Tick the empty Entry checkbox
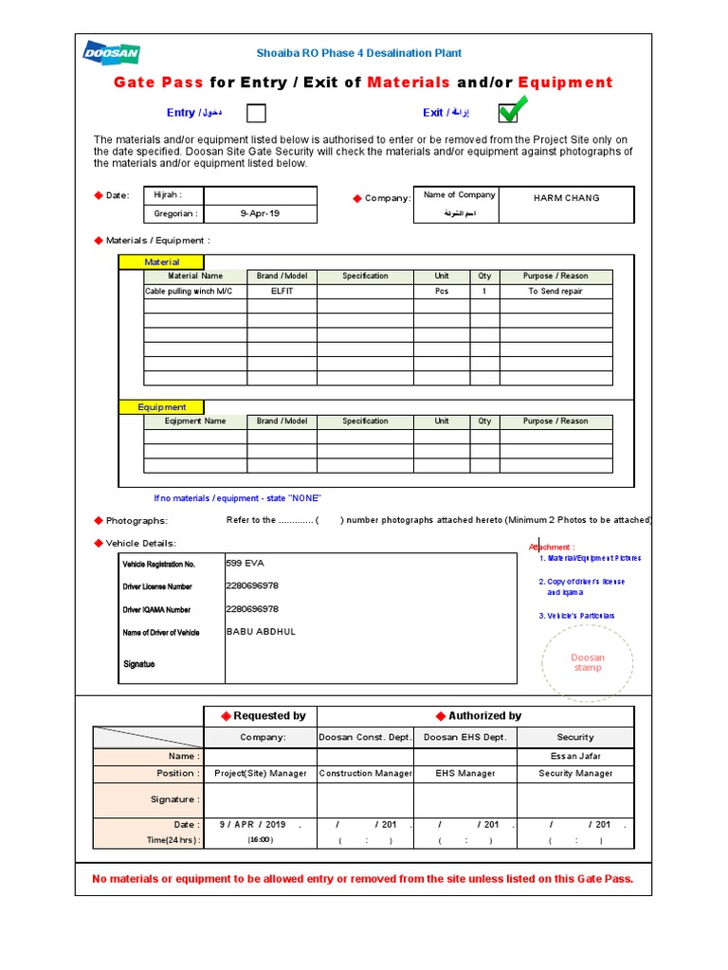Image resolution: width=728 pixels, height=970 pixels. [x=256, y=114]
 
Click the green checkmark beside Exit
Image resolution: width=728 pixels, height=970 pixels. [x=509, y=111]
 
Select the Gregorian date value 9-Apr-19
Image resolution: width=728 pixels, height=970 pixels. [x=260, y=214]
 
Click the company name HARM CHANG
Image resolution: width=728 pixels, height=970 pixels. [x=567, y=198]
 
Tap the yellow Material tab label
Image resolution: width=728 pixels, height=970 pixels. [x=161, y=262]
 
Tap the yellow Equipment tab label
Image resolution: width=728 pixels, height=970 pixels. [x=162, y=407]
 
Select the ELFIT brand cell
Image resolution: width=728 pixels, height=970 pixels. [x=282, y=292]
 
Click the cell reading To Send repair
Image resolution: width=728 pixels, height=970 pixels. [x=555, y=292]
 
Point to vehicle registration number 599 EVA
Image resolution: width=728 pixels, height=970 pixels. [x=245, y=563]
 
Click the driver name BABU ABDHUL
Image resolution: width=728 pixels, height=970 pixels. [x=262, y=632]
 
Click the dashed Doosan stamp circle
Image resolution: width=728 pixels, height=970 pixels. [x=588, y=662]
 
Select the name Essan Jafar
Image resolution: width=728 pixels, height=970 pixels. [x=575, y=756]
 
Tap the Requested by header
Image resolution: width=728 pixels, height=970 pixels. [x=263, y=716]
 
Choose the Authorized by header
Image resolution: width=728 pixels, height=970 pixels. [x=479, y=716]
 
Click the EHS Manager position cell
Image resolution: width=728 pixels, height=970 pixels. [x=465, y=774]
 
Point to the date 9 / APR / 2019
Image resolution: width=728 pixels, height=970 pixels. [x=252, y=825]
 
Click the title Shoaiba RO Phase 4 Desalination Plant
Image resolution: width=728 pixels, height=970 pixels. [x=359, y=53]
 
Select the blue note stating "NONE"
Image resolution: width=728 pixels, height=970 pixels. [x=238, y=498]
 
